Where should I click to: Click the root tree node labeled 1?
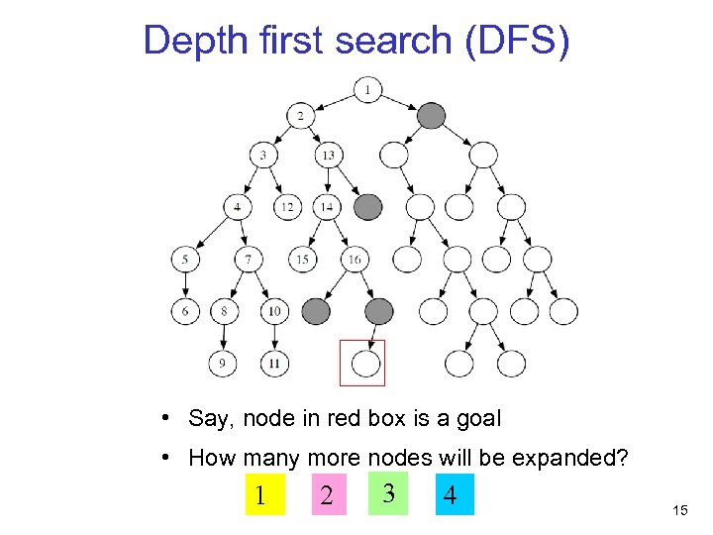pos(367,91)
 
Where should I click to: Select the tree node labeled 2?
pos(301,117)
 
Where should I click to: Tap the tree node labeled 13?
pos(328,155)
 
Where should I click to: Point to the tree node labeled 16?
pos(354,260)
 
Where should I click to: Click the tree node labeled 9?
pos(223,364)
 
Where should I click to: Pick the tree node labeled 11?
pos(274,364)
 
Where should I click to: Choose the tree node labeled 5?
pos(185,260)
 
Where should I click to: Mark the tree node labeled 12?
pos(287,207)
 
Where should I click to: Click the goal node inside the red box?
pos(366,364)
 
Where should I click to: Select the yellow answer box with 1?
pos(260,493)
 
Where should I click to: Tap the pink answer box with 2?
pos(327,493)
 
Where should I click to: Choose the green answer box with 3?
pos(389,491)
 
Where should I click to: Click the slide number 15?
pos(679,510)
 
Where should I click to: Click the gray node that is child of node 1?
pos(432,117)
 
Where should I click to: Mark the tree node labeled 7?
pos(249,260)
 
